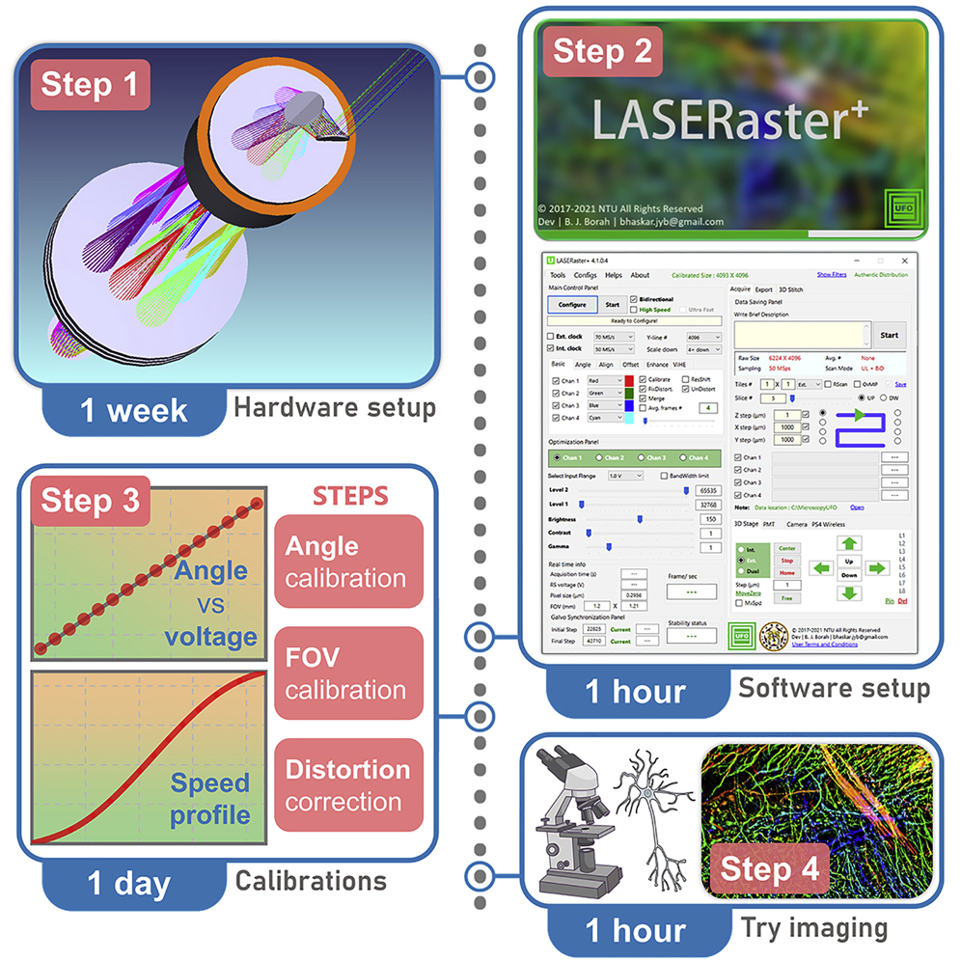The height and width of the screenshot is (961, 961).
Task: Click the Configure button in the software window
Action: (572, 305)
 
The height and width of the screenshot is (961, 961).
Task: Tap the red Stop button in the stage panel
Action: (787, 561)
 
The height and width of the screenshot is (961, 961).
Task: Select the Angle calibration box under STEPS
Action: (349, 562)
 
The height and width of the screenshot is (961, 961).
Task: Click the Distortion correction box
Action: (349, 784)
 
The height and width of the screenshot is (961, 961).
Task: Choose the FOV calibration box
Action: (349, 673)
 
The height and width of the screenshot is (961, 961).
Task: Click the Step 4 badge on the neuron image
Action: (769, 868)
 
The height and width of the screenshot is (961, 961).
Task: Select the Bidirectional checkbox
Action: (634, 298)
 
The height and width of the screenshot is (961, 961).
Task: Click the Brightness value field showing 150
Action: (709, 519)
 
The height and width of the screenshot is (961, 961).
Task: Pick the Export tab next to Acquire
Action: (763, 288)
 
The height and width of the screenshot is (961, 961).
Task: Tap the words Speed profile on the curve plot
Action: (210, 799)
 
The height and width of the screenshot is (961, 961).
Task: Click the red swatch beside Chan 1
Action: (630, 380)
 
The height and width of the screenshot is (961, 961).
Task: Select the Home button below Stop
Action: (787, 572)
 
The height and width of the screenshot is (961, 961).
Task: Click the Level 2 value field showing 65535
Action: (709, 490)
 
